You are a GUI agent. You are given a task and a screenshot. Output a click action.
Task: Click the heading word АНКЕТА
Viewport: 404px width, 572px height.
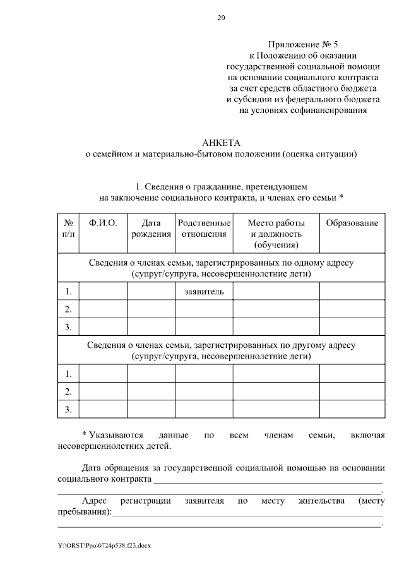coord(221,142)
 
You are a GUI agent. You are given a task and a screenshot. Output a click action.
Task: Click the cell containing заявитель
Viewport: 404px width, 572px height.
coord(199,291)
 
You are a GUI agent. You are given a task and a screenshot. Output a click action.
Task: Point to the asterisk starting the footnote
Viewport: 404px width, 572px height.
coord(85,435)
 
